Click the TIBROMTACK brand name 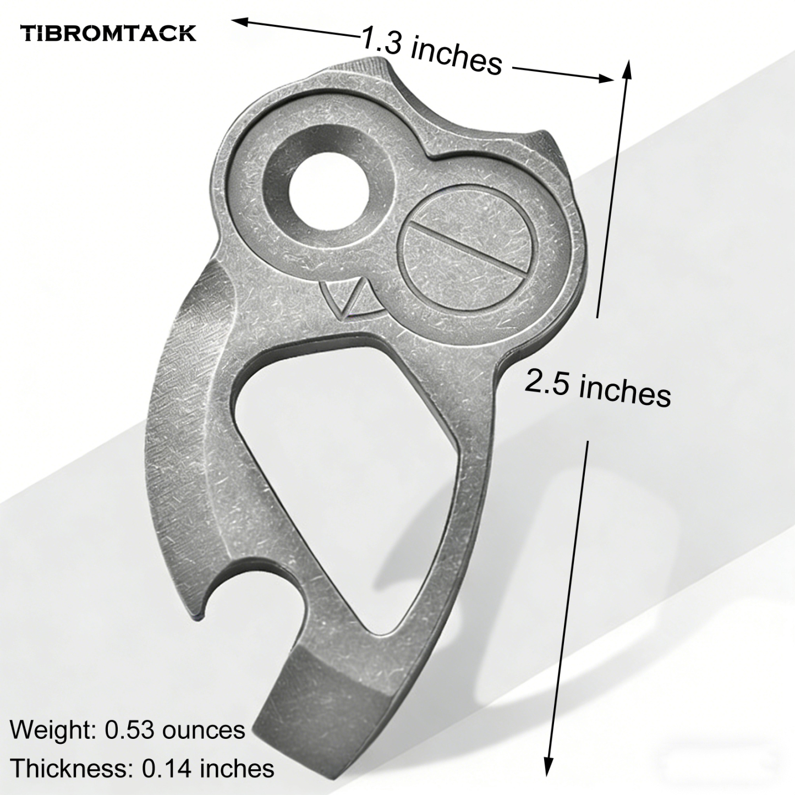(x=108, y=33)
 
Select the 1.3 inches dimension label (x=432, y=52)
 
